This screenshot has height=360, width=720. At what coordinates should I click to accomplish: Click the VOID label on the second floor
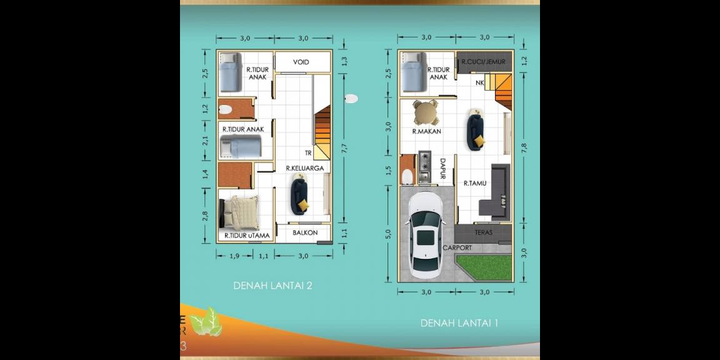[x=302, y=62]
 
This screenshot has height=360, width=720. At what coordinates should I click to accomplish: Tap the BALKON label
[x=305, y=232]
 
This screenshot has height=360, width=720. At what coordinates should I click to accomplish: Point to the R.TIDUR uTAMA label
[x=247, y=236]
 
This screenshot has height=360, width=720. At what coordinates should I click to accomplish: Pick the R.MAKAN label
[x=427, y=131]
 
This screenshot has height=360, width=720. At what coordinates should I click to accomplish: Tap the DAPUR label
[x=442, y=168]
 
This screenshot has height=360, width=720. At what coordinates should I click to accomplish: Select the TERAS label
[x=483, y=232]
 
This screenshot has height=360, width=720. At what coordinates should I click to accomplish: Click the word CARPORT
[x=457, y=247]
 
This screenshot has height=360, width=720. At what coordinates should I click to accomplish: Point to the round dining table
[x=426, y=113]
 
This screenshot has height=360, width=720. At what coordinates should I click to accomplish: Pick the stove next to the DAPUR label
[x=425, y=161]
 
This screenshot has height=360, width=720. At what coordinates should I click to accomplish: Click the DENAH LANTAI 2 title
[x=272, y=286]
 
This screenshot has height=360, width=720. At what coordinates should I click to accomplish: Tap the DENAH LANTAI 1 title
[x=459, y=323]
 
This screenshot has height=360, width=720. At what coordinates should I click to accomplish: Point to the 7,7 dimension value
[x=344, y=148]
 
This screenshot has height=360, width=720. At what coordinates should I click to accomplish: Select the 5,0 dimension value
[x=388, y=234]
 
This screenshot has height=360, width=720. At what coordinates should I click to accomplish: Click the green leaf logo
[x=206, y=322]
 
